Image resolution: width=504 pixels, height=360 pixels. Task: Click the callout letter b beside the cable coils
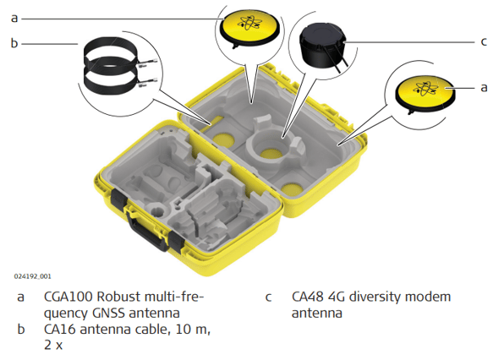[x=14, y=43]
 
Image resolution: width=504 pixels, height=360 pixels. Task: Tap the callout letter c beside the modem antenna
[x=484, y=41]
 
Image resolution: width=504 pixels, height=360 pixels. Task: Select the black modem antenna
[x=322, y=46]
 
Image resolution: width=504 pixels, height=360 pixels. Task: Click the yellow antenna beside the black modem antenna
[x=249, y=28]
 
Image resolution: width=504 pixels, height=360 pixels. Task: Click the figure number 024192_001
[x=32, y=276]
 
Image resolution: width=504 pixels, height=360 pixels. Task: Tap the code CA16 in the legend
[x=60, y=330]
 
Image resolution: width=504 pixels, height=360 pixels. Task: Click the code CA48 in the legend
[x=307, y=297]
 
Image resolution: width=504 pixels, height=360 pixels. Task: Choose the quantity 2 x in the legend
[x=53, y=346]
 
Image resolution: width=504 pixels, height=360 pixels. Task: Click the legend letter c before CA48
[x=269, y=297]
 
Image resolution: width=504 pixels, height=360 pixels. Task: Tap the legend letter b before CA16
[x=21, y=330]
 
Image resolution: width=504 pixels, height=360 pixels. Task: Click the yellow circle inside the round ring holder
[x=271, y=154]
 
